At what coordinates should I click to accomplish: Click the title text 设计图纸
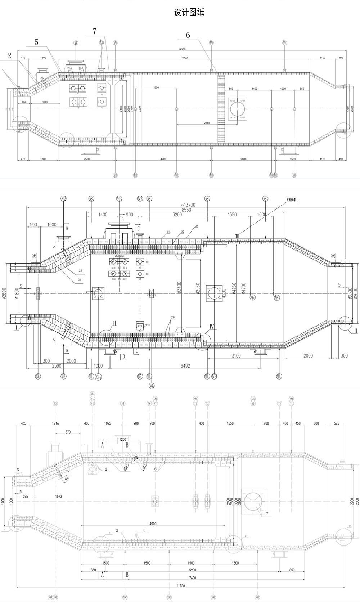tap(189, 13)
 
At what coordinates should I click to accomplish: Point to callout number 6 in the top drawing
tap(188, 35)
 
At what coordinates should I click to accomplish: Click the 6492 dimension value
tap(185, 366)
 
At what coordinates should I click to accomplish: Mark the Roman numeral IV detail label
tap(212, 327)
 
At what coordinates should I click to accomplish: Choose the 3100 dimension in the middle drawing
tap(236, 356)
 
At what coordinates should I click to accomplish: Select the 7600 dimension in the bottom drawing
tap(193, 578)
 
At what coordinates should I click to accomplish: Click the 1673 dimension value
tap(59, 497)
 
